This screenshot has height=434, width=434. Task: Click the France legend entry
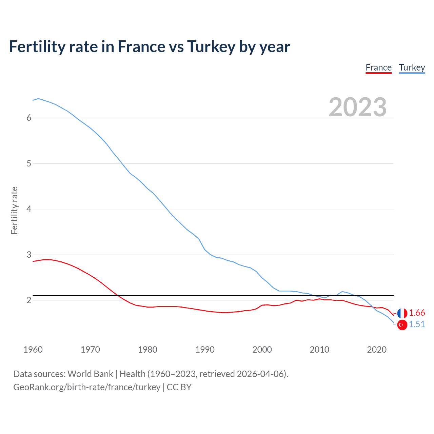(378, 68)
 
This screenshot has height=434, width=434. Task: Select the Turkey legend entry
(412, 68)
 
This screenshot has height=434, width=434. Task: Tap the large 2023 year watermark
(357, 107)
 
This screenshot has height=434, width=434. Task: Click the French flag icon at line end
(402, 313)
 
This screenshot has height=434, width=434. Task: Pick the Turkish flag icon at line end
(402, 325)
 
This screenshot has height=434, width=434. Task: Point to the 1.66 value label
(417, 313)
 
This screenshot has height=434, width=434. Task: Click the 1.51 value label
(417, 324)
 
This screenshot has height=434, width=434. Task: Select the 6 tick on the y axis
(29, 118)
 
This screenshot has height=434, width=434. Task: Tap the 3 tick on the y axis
(29, 255)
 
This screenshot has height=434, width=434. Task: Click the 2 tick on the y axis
(29, 300)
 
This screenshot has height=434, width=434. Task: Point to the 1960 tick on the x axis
(33, 350)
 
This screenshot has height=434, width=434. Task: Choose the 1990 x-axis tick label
(205, 350)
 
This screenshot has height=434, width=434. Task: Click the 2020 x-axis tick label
(377, 350)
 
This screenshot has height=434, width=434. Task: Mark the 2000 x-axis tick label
(262, 350)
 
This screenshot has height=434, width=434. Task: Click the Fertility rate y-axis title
(14, 210)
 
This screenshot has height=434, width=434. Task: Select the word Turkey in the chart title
(211, 47)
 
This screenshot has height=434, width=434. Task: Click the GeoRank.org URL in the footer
(87, 387)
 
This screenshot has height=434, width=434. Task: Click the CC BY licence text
(179, 387)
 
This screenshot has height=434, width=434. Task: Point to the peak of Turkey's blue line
(38, 98)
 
